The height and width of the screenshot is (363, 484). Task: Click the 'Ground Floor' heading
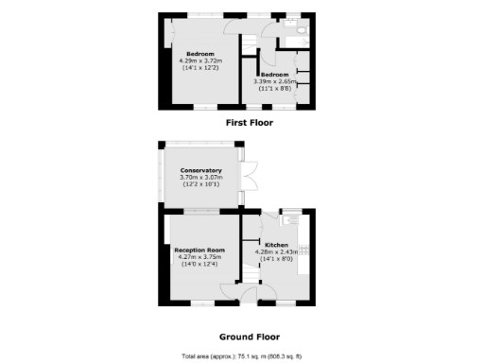tap(249, 336)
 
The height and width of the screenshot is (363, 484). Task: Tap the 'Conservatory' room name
tap(199, 170)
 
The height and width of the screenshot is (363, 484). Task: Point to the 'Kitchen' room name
tap(276, 244)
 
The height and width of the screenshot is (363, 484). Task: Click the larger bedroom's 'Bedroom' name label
tap(200, 53)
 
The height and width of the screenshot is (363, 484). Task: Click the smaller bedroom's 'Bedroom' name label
tap(275, 74)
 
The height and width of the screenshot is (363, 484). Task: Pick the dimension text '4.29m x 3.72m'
tap(200, 60)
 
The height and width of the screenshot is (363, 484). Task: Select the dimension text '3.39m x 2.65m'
tap(275, 81)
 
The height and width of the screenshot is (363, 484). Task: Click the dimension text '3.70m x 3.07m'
tap(199, 178)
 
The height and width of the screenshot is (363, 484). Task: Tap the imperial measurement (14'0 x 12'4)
tap(199, 264)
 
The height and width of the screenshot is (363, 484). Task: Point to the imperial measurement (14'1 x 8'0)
tap(276, 259)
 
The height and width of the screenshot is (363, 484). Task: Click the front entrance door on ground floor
tap(248, 295)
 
